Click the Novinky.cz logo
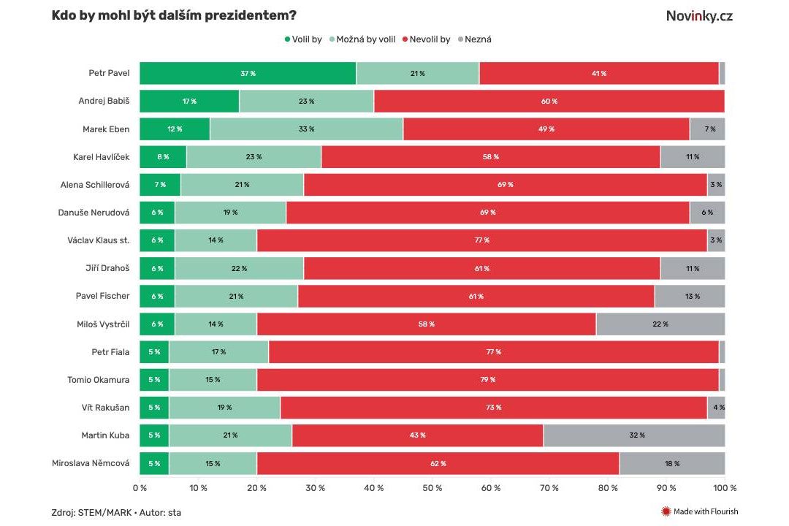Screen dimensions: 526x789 pos(698,15)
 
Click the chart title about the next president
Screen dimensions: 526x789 pos(174,15)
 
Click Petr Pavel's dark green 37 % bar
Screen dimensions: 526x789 pos(248,74)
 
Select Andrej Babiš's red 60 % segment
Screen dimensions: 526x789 pos(549,102)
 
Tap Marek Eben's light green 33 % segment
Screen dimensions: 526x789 pos(306,129)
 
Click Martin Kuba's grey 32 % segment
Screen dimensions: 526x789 pos(634,435)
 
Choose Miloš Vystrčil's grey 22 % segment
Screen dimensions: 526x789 pos(660,324)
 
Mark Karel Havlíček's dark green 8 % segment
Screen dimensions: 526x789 pos(162,157)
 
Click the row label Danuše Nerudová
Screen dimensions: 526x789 pos(94,213)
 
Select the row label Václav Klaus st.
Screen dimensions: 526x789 pos(98,240)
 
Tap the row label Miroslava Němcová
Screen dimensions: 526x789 pos(91,463)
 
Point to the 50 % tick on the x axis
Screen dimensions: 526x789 pos(432,487)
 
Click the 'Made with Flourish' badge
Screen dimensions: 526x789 pos(699,511)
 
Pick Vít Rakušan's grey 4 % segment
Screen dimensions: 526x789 pos(717,408)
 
